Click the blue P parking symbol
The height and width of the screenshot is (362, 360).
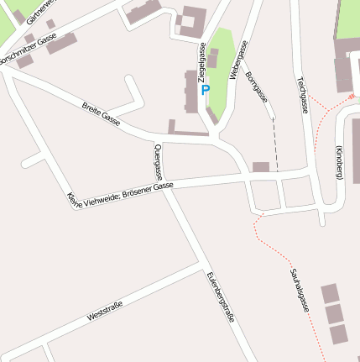click(x=206, y=90)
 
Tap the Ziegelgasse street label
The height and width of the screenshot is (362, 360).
click(x=202, y=64)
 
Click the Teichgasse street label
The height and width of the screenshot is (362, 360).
click(x=301, y=94)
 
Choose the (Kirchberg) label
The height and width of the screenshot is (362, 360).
click(x=340, y=161)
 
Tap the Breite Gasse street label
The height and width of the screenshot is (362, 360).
click(x=102, y=114)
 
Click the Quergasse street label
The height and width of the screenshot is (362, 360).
click(x=158, y=162)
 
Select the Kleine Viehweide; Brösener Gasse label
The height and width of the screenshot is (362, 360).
click(x=120, y=194)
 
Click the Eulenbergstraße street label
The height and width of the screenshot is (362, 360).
click(x=220, y=296)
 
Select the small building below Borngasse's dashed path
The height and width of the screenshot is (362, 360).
click(x=261, y=167)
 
